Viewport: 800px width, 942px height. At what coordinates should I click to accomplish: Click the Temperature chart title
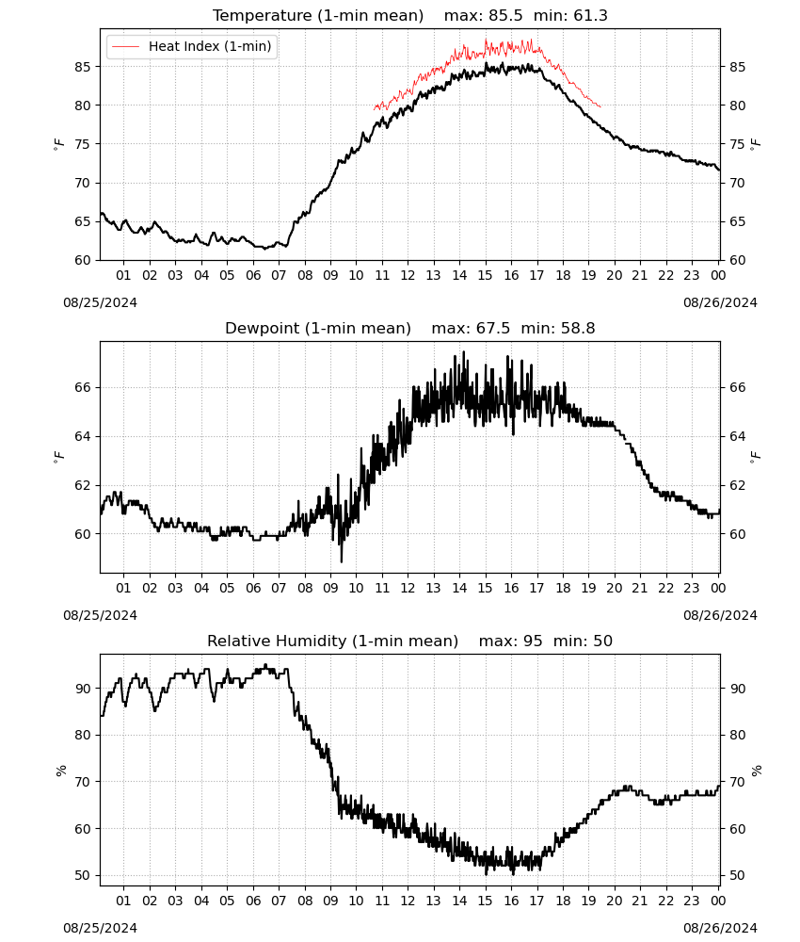pyautogui.click(x=410, y=15)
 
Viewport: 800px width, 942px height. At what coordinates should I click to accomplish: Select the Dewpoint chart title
pyautogui.click(x=410, y=328)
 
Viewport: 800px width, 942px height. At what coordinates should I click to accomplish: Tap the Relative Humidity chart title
pyautogui.click(x=410, y=641)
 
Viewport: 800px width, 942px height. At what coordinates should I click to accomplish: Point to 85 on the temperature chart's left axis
pyautogui.click(x=83, y=67)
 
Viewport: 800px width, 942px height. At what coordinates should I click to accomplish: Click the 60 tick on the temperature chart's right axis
pyautogui.click(x=738, y=260)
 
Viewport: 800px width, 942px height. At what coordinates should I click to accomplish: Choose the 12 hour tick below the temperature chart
pyautogui.click(x=408, y=275)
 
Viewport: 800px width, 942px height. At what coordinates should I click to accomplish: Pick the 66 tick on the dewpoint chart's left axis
pyautogui.click(x=83, y=387)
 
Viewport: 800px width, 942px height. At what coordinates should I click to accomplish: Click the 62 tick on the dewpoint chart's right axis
pyautogui.click(x=738, y=485)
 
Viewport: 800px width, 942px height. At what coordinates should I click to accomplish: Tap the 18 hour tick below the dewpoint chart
pyautogui.click(x=563, y=588)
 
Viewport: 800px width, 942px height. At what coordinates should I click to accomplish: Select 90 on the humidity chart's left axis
pyautogui.click(x=83, y=689)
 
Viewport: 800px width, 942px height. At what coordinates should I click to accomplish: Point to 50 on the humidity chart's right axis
pyautogui.click(x=738, y=875)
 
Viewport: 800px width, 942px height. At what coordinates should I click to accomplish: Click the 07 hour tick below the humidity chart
pyautogui.click(x=279, y=901)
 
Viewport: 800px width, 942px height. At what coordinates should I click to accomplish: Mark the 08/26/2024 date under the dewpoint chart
pyautogui.click(x=720, y=615)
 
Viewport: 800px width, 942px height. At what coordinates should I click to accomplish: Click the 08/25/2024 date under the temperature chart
pyautogui.click(x=100, y=302)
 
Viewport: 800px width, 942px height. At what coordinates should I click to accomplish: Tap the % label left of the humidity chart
pyautogui.click(x=60, y=771)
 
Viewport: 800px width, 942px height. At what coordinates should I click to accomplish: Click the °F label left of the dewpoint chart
pyautogui.click(x=58, y=457)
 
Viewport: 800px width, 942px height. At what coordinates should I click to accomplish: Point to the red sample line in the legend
pyautogui.click(x=126, y=46)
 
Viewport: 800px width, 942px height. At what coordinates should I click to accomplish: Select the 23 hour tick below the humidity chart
pyautogui.click(x=692, y=901)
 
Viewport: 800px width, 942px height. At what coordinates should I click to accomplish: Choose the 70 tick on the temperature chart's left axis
pyautogui.click(x=83, y=183)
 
